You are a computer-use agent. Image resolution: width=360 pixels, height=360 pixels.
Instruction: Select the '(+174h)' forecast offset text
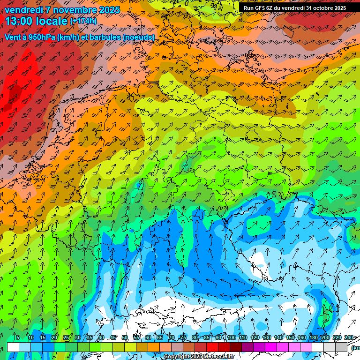point(83,21)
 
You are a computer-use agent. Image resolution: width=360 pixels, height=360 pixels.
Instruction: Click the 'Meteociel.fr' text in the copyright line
point(216,357)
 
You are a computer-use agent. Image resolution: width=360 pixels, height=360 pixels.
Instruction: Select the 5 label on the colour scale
point(17,337)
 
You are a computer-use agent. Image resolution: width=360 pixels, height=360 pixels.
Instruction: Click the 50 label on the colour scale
point(125,337)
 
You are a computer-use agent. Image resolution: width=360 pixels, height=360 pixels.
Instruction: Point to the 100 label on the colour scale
point(231,337)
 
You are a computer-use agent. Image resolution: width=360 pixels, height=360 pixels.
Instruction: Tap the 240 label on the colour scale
point(349,337)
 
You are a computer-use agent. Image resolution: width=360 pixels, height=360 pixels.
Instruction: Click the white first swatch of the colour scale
point(13,347)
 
